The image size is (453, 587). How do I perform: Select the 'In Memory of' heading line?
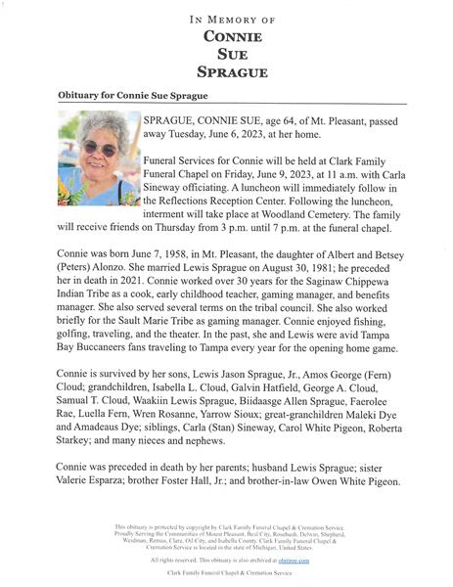[226, 19]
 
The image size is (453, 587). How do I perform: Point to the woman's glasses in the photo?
[94, 148]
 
